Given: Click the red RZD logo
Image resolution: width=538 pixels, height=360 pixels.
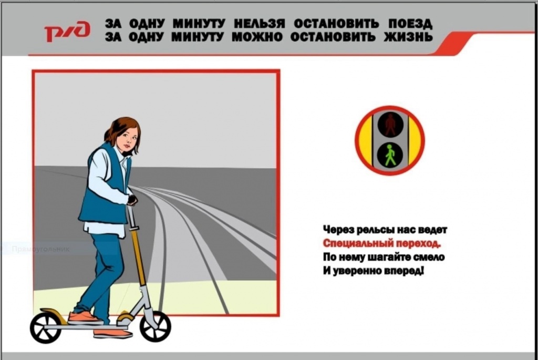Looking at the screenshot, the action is [x=67, y=32].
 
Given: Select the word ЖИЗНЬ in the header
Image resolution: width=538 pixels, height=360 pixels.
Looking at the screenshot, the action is [x=408, y=36].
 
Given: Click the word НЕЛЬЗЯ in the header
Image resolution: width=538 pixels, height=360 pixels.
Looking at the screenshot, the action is [x=260, y=24].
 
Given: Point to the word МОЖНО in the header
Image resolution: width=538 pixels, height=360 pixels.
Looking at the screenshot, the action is [x=257, y=36].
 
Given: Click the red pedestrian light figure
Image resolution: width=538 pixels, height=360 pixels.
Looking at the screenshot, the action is [x=390, y=124].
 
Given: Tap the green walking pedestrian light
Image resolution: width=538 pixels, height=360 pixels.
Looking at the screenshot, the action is [x=390, y=155].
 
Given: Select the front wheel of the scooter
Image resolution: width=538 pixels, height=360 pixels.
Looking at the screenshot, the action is [x=155, y=326].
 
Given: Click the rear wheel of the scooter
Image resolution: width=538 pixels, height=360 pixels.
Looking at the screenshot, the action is [x=46, y=328].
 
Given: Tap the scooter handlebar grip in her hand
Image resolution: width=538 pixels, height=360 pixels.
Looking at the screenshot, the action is [x=132, y=200].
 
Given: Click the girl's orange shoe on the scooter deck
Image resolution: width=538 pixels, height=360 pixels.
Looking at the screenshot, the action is [x=85, y=318].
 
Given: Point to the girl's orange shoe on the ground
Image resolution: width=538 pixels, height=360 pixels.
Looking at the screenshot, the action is [x=112, y=333].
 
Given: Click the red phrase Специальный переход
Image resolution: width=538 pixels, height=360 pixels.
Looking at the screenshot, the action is [x=381, y=243].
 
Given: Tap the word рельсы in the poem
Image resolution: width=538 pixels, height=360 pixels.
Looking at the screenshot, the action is [x=375, y=230].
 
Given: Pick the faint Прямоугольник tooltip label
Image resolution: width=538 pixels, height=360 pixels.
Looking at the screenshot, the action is [x=40, y=249].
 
